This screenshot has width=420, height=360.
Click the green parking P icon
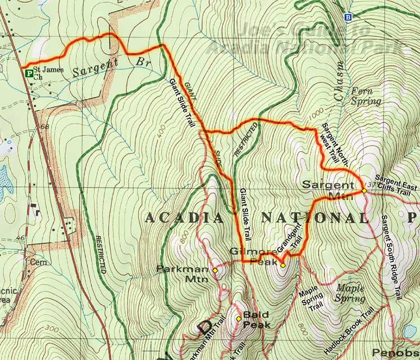click(x=26, y=72)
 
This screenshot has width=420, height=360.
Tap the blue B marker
click(x=349, y=17)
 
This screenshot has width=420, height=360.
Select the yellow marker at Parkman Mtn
click(x=215, y=270)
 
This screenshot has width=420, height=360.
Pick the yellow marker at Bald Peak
click(x=239, y=319)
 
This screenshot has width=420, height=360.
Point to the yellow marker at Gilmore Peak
click(x=283, y=265)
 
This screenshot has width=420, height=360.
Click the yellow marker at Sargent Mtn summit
click(x=364, y=191)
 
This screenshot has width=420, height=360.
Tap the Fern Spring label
click(x=366, y=96)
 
